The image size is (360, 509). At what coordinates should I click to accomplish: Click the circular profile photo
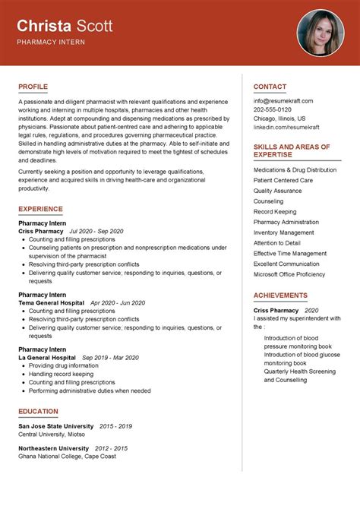[321, 33]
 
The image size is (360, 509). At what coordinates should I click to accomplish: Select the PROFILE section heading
[34, 87]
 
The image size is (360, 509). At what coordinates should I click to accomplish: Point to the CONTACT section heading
[270, 87]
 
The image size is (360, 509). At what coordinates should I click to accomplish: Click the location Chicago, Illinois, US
[279, 119]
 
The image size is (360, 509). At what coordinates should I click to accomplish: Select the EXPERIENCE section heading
[40, 209]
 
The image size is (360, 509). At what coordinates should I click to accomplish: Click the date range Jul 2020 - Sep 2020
[96, 231]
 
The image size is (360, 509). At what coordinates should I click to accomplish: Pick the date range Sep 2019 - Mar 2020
[110, 357]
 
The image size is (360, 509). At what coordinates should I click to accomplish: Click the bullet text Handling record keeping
[62, 374]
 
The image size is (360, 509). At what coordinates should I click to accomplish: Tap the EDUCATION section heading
[38, 412]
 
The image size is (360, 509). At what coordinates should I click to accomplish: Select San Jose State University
[55, 426]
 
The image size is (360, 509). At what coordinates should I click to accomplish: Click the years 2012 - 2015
[111, 448]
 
